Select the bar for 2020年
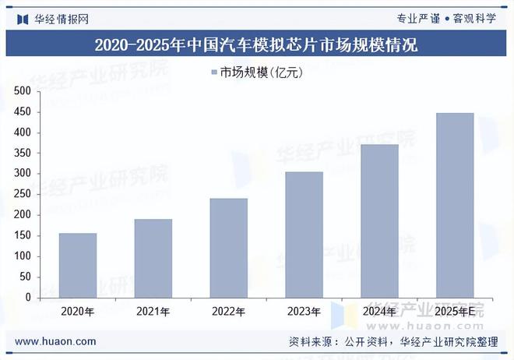tap(78, 265)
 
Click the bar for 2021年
tap(153, 258)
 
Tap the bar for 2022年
tap(228, 248)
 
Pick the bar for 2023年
tap(304, 235)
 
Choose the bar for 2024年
tap(379, 221)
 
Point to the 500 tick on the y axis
tap(23, 91)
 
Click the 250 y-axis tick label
tap(23, 194)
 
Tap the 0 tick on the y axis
tap(27, 298)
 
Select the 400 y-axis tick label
tap(23, 132)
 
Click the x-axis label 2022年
tap(228, 312)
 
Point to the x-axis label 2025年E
tap(455, 312)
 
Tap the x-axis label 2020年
tap(78, 312)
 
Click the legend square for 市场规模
tap(213, 73)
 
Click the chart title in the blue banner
tap(256, 45)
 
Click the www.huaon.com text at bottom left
tap(55, 341)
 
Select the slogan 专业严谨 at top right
tap(419, 18)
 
